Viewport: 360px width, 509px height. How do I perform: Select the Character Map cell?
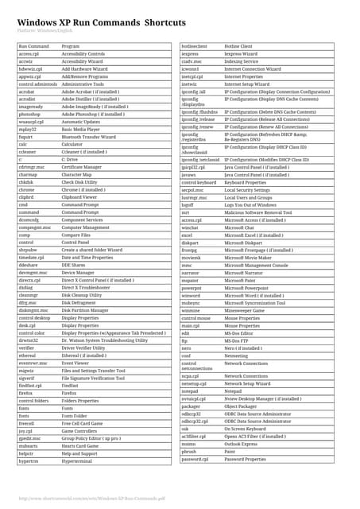tap(78, 175)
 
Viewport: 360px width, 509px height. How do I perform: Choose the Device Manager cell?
tap(79, 272)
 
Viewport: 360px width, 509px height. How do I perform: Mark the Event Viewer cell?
tap(75, 362)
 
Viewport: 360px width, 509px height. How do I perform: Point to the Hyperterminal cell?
tap(77, 459)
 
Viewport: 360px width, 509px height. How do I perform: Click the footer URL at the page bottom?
tap(91, 499)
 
